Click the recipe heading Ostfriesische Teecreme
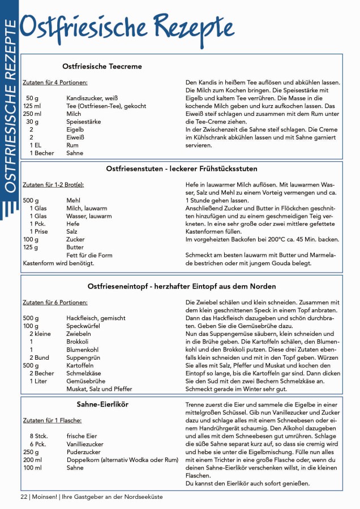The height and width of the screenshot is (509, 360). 102,66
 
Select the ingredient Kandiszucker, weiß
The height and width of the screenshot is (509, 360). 92,98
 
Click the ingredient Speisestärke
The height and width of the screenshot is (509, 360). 84,122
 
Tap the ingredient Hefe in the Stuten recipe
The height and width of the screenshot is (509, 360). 72,224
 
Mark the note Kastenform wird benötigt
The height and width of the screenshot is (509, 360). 58,263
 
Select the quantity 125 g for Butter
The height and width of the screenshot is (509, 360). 31,247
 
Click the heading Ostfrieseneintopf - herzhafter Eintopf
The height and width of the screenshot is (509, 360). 182,286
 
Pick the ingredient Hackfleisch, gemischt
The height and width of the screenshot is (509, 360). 96,318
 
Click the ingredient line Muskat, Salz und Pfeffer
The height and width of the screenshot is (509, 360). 99,389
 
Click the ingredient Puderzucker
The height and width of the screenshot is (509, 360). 83,452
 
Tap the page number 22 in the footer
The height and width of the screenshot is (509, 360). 24,496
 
